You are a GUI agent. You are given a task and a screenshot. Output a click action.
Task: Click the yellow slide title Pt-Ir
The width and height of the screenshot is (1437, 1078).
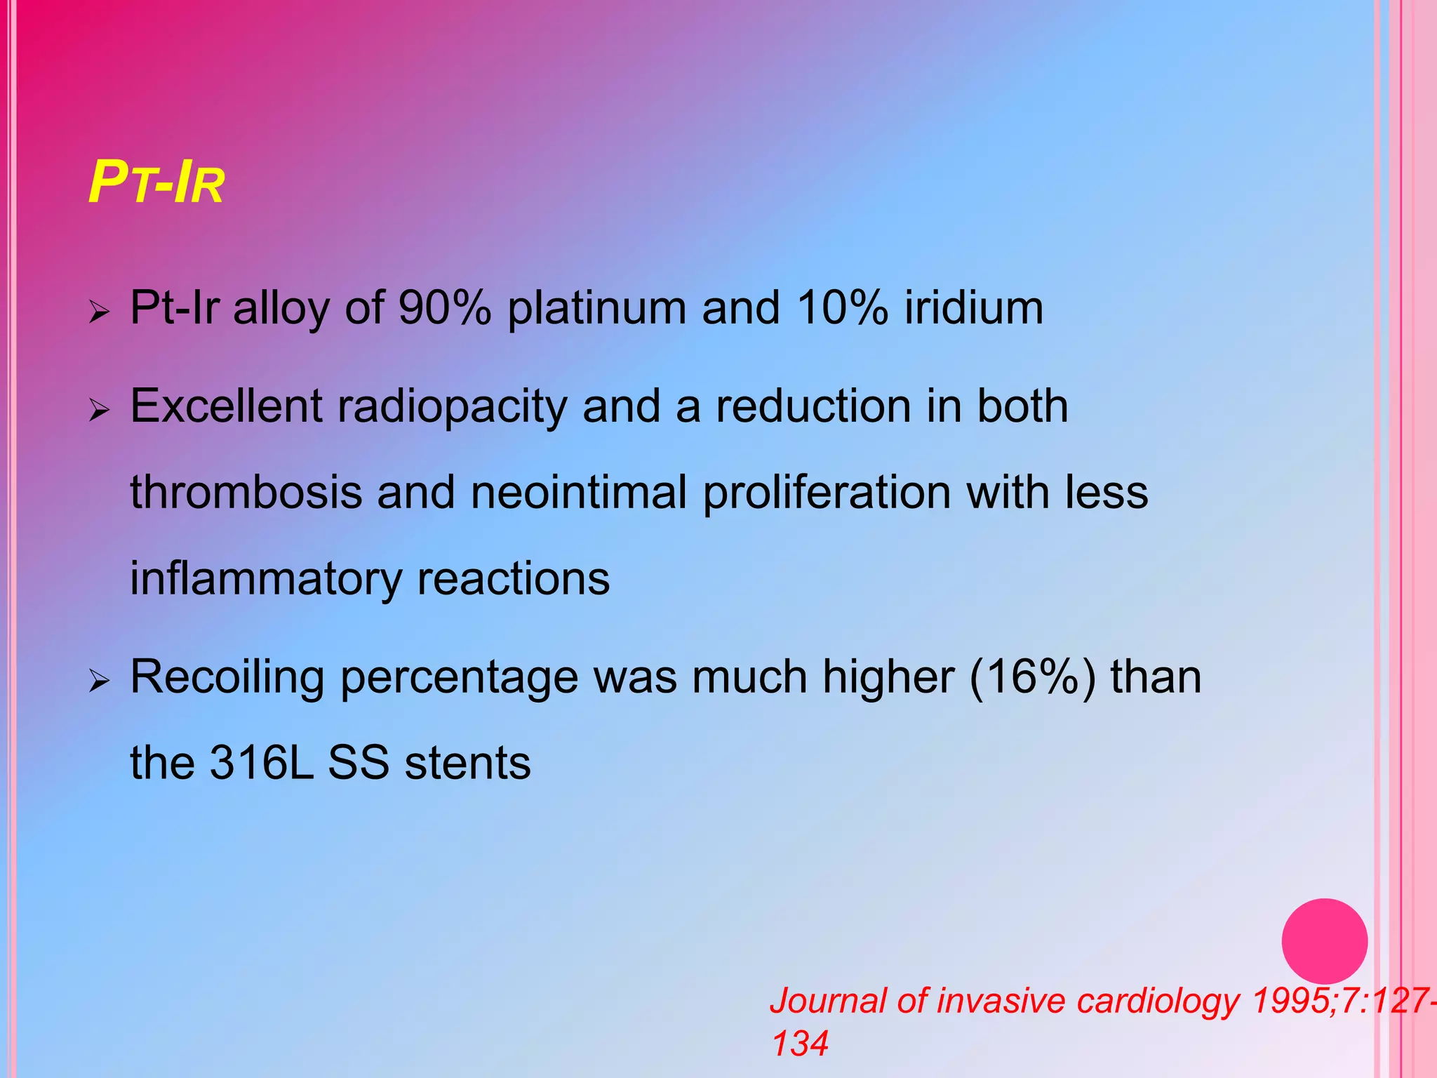click(x=156, y=184)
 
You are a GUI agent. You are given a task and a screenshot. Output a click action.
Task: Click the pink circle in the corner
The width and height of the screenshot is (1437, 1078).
click(x=1324, y=941)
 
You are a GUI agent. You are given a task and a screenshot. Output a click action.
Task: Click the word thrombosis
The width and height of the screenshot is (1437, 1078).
click(x=246, y=492)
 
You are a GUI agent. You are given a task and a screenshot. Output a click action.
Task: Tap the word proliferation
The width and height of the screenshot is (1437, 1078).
click(x=827, y=493)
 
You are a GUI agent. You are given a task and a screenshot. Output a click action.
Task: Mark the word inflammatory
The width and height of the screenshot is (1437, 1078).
click(x=265, y=580)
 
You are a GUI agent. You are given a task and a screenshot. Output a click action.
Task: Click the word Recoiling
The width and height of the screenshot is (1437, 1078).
click(x=227, y=679)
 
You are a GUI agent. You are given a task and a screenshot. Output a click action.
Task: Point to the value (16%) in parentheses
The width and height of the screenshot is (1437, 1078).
click(x=1031, y=677)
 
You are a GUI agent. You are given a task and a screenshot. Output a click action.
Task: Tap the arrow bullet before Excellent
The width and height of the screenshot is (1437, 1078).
click(x=100, y=408)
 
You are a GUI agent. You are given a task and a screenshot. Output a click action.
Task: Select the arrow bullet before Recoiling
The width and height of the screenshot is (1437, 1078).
click(x=100, y=679)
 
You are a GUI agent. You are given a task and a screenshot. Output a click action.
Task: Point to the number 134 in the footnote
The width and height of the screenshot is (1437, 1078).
click(x=800, y=1043)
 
